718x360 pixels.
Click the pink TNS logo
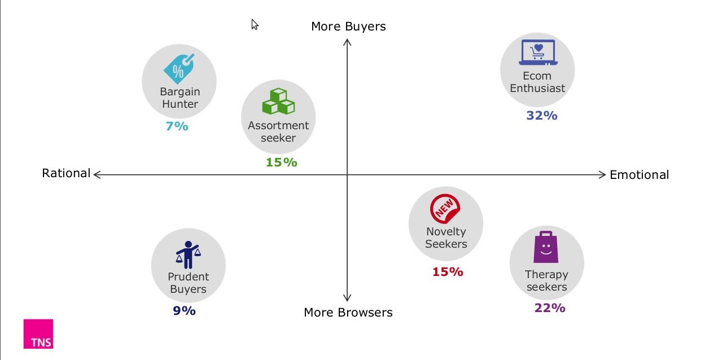pos(38,333)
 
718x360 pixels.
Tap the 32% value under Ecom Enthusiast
pos(542,115)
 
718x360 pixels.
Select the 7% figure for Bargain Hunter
pos(177,126)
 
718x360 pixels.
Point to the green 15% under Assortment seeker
pos(282,162)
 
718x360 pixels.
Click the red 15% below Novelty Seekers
pos(448,272)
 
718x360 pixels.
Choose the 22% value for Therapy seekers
pos(550,308)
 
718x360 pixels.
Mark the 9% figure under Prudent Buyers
pos(185,311)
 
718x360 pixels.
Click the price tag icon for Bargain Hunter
pos(179,69)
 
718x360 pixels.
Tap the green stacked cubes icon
pos(278,101)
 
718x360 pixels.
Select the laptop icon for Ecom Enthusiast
pos(538,52)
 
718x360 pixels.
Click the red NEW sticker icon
pos(445,209)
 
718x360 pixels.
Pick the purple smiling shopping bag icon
pos(546,247)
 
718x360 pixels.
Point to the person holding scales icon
pos(188,254)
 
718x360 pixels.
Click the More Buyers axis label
pos(348,27)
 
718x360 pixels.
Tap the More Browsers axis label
pos(348,312)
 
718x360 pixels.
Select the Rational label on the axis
pos(66,173)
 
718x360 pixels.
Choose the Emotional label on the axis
pos(639,175)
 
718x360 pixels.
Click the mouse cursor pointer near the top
pos(255,24)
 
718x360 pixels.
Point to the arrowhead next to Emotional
pos(602,175)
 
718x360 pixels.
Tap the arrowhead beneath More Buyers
pos(347,42)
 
